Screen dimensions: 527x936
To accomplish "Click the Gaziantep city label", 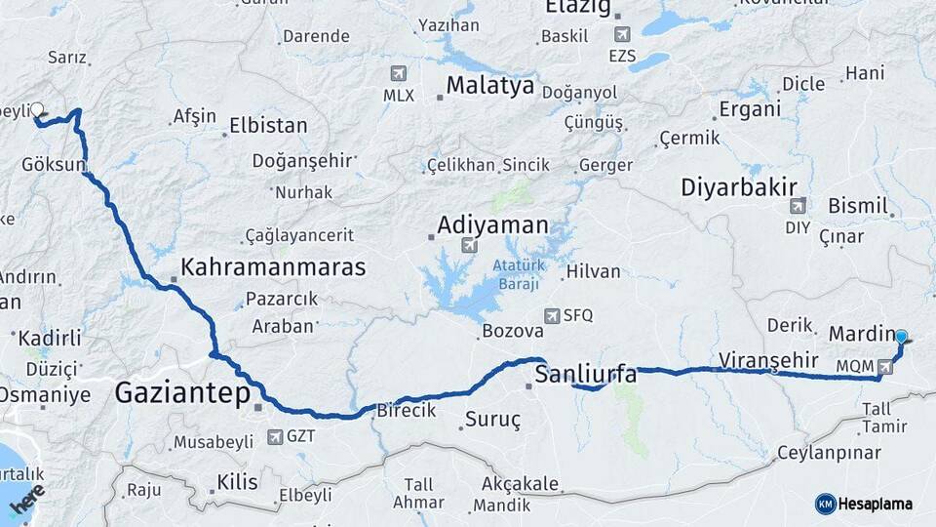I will click(180, 393).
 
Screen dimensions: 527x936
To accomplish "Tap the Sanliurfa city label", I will click(586, 374).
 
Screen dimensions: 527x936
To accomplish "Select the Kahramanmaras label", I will click(273, 266).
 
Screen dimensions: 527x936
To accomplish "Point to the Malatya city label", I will click(490, 86).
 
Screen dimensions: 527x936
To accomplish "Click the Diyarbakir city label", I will click(739, 186).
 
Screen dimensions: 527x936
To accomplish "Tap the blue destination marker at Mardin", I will click(901, 337).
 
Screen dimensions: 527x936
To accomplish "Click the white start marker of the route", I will click(37, 109).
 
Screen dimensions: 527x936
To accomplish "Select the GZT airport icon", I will click(274, 436).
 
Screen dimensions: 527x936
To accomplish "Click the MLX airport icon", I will click(398, 73).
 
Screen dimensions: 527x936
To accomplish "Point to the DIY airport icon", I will click(798, 206).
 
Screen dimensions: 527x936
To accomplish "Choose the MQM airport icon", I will click(884, 366).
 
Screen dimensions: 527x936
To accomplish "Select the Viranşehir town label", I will click(767, 360).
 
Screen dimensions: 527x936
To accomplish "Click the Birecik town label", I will click(407, 411).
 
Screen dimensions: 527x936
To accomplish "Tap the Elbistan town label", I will click(268, 126).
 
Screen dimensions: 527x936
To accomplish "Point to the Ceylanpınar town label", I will click(829, 453).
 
